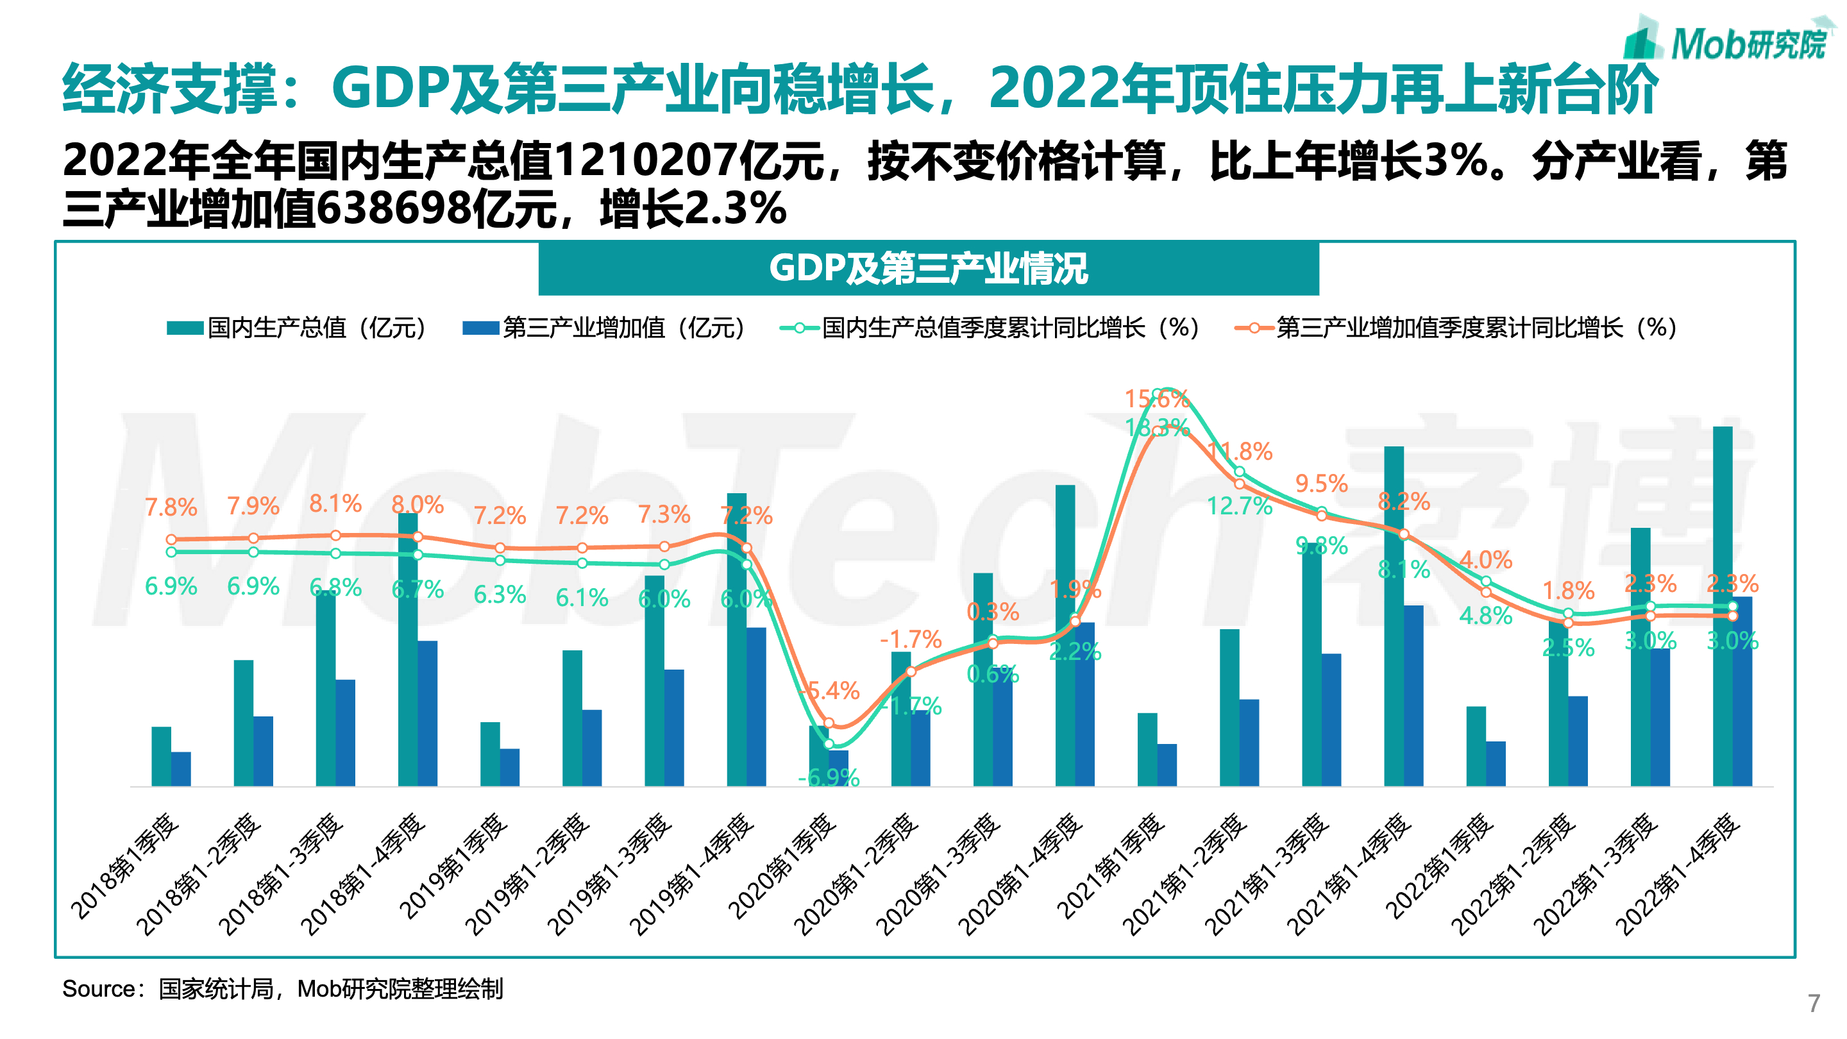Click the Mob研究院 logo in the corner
coord(1728,42)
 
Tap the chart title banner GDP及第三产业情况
coord(928,269)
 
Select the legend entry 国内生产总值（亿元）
coord(298,328)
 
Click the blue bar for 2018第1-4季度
coord(427,713)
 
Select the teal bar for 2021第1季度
coord(1147,749)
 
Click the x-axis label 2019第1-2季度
coord(528,875)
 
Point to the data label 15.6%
coord(1156,399)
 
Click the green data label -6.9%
coord(828,777)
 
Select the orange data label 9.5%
coord(1320,484)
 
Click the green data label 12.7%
coord(1239,506)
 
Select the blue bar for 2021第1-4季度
coord(1413,695)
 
